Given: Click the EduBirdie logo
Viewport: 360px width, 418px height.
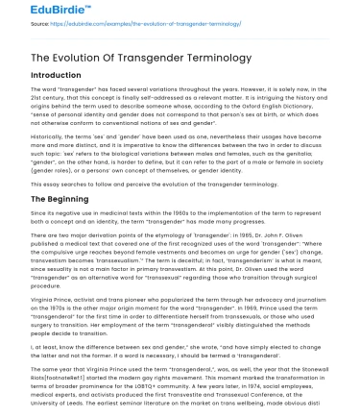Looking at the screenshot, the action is tap(34, 12).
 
